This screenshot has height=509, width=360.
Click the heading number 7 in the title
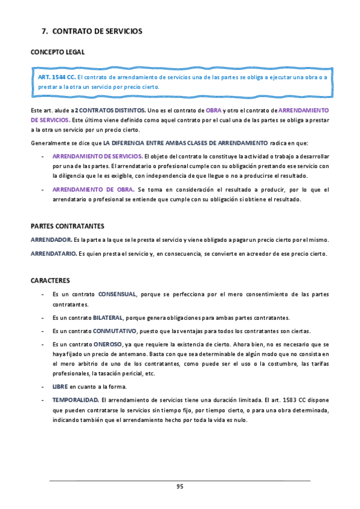pos(44,31)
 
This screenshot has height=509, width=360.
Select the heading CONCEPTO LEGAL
pos(58,52)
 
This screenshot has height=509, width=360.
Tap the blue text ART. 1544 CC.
pos(57,77)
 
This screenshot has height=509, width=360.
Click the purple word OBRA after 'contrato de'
pos(214,110)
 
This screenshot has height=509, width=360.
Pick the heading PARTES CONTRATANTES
pos(67,226)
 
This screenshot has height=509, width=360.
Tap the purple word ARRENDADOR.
pos(51,240)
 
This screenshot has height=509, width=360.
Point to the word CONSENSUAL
pos(118,295)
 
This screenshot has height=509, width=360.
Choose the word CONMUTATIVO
pos(115,331)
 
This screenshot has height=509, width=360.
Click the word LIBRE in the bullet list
pos(60,387)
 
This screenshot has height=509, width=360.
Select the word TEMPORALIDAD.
pos(76,400)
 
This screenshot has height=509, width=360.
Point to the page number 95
pos(179,486)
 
